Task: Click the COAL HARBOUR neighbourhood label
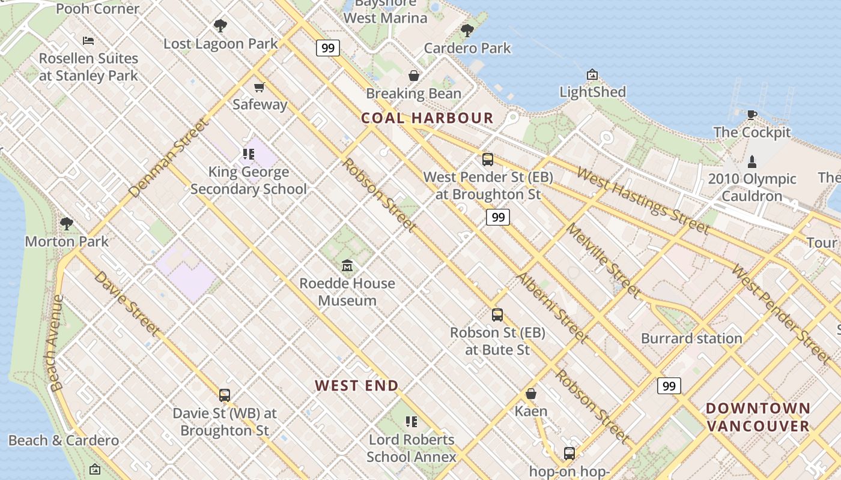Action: click(427, 118)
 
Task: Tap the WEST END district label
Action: click(357, 386)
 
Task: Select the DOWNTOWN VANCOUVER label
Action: click(758, 418)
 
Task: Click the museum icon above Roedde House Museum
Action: click(347, 266)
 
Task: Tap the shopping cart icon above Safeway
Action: click(260, 88)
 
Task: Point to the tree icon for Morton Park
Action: click(67, 224)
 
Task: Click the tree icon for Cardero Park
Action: click(467, 31)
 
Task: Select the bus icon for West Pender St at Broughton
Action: click(488, 160)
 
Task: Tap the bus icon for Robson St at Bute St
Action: click(497, 315)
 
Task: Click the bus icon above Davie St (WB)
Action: click(225, 395)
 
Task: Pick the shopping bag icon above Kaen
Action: click(531, 394)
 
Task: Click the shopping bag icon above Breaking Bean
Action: click(414, 76)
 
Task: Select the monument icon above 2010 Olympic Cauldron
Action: click(751, 161)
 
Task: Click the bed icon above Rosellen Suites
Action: click(88, 41)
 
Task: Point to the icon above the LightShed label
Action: click(592, 75)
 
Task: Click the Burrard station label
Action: click(691, 338)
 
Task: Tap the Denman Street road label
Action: click(168, 158)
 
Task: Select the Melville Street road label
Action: click(603, 260)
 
